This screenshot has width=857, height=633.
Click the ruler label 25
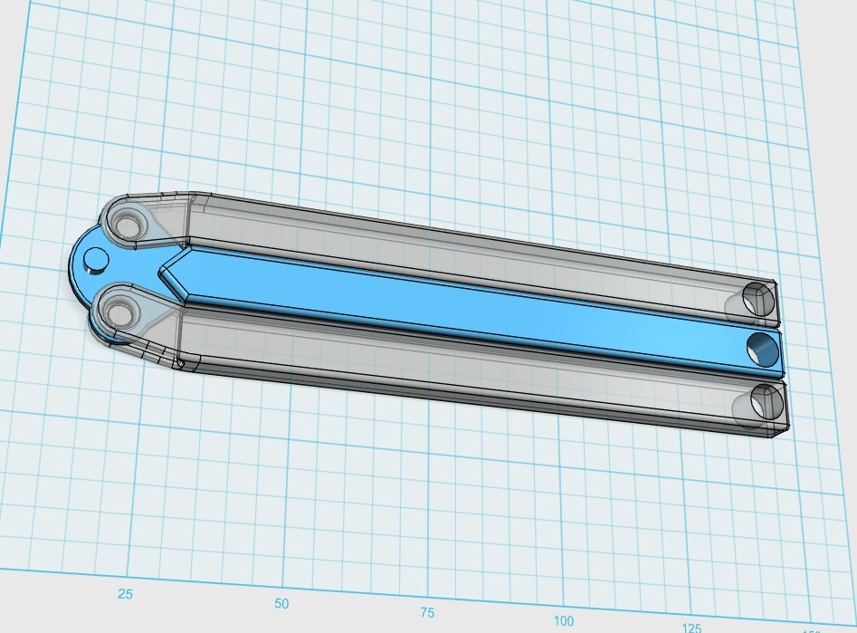(125, 594)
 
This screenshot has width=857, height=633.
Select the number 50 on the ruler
(281, 604)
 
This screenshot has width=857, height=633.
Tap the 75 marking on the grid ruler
(428, 612)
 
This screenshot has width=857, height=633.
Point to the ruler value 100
(564, 620)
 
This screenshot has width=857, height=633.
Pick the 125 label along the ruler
(692, 628)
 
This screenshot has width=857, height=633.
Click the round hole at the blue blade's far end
(762, 347)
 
